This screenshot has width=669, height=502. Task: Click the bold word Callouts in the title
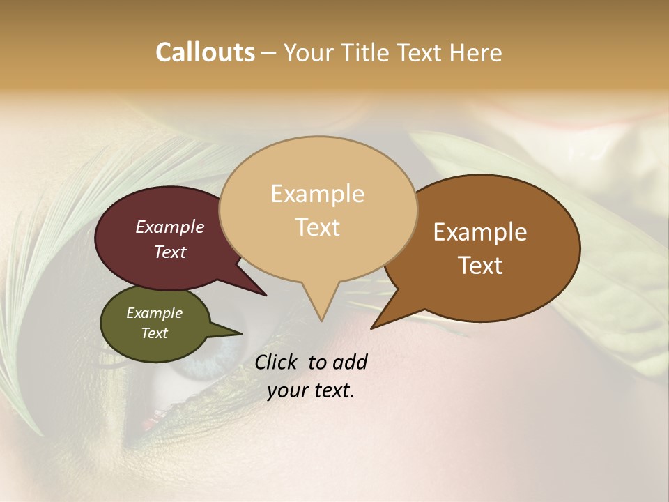(x=205, y=52)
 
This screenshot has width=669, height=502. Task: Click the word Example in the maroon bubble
(x=169, y=227)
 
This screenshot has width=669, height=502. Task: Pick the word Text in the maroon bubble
(x=169, y=252)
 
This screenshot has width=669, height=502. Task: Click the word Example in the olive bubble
(x=154, y=313)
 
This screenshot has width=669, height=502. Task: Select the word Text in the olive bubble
(x=154, y=333)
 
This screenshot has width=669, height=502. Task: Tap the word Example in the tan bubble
(x=317, y=194)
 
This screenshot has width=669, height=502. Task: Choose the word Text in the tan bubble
(x=317, y=227)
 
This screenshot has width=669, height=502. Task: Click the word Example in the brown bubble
(x=480, y=232)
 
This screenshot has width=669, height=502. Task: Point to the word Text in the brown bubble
(x=480, y=266)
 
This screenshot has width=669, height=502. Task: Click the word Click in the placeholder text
(x=277, y=362)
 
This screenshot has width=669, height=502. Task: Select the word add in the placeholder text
(x=351, y=362)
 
